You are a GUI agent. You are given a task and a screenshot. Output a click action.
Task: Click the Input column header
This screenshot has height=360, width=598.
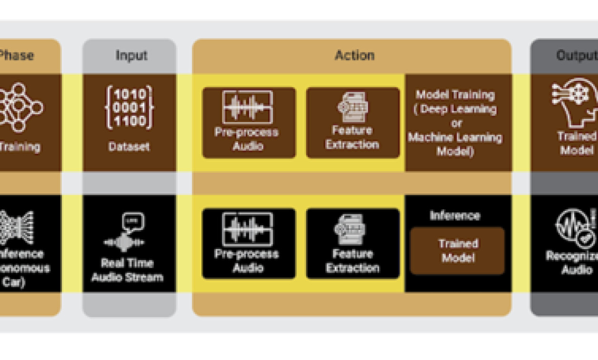coord(131,55)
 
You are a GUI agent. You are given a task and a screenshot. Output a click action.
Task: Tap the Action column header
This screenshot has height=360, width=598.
coord(354,55)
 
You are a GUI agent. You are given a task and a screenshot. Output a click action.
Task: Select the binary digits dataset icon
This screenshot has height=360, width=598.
coord(129,108)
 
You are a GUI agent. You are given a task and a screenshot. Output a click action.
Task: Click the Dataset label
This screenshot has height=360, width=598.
coord(129,147)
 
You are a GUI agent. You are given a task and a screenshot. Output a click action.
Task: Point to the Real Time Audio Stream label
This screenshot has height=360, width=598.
coord(127,270)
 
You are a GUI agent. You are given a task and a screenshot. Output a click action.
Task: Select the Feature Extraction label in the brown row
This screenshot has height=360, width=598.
coord(352,138)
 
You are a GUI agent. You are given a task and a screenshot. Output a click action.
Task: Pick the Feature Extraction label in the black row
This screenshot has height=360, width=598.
coord(352,260)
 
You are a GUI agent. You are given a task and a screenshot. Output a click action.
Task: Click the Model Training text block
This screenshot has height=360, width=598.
coord(455,123)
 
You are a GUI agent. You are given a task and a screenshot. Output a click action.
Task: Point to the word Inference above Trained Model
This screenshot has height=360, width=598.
coord(455,216)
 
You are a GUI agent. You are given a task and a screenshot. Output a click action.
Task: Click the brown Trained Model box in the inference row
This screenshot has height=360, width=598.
coord(457,251)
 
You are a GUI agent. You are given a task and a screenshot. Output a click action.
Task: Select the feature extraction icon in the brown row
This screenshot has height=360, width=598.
coord(352,106)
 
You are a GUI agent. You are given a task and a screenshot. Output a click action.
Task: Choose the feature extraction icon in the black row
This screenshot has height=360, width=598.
coord(351,230)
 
